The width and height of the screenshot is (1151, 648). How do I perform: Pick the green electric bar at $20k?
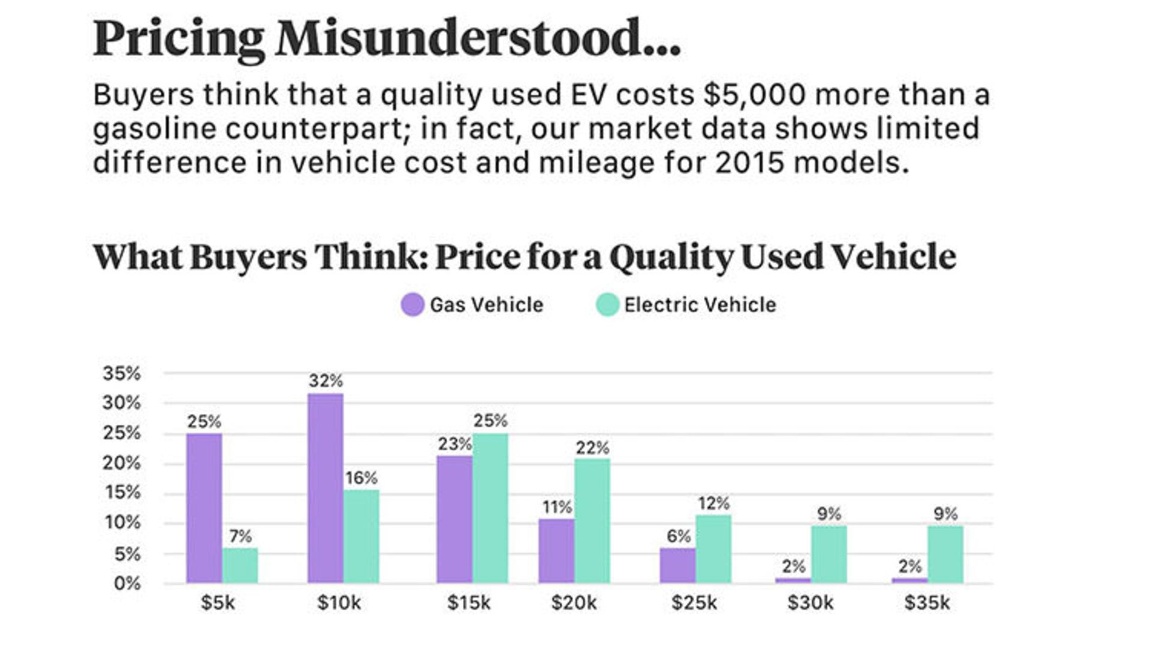point(592,520)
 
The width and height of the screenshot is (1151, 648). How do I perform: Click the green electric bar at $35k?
point(945,554)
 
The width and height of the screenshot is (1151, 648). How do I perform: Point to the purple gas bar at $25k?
point(677,565)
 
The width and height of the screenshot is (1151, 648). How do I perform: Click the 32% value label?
point(326,380)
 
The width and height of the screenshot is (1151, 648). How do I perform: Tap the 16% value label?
point(361,478)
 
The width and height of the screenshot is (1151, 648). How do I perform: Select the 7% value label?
point(240,536)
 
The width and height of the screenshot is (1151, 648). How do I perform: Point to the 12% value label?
point(713,503)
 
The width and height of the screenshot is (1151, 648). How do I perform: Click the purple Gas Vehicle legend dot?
point(412,305)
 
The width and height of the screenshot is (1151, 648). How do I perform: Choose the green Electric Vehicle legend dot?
point(607,305)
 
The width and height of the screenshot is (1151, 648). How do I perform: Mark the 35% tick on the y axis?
point(122,373)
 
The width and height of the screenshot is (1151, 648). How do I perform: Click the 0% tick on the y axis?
point(127,583)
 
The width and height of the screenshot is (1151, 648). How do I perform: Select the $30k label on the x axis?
point(810,602)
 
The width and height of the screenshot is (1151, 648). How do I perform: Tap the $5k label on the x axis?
point(218,602)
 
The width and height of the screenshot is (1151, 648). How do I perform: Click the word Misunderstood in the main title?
point(478,38)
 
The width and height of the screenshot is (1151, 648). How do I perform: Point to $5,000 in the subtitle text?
point(754,95)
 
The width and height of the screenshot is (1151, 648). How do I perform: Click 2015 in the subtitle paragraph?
point(749,163)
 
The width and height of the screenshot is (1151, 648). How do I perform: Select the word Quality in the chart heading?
point(671,257)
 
